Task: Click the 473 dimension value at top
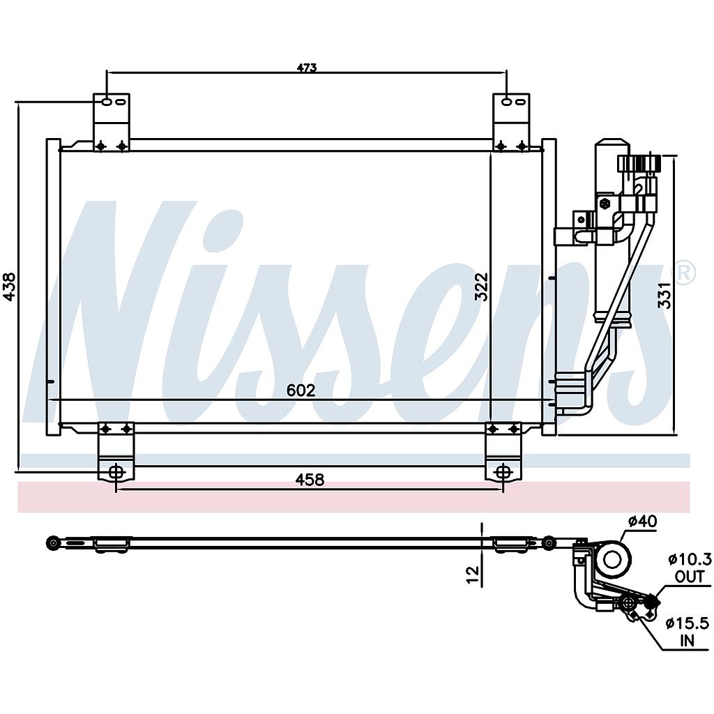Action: click(x=307, y=68)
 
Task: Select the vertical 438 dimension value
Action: click(x=10, y=286)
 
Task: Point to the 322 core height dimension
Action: click(x=481, y=286)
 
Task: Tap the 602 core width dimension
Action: click(x=301, y=390)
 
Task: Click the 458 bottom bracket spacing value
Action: click(x=310, y=480)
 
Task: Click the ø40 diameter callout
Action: click(x=642, y=520)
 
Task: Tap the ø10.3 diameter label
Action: click(x=689, y=559)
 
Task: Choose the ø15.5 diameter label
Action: click(x=688, y=623)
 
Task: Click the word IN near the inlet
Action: click(x=688, y=641)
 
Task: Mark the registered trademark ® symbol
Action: click(x=685, y=273)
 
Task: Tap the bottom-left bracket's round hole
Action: click(x=116, y=472)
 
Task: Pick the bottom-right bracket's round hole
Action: click(x=503, y=472)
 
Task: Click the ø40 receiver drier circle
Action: click(x=613, y=560)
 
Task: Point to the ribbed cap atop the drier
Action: click(x=637, y=164)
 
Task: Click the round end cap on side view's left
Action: click(x=53, y=543)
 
